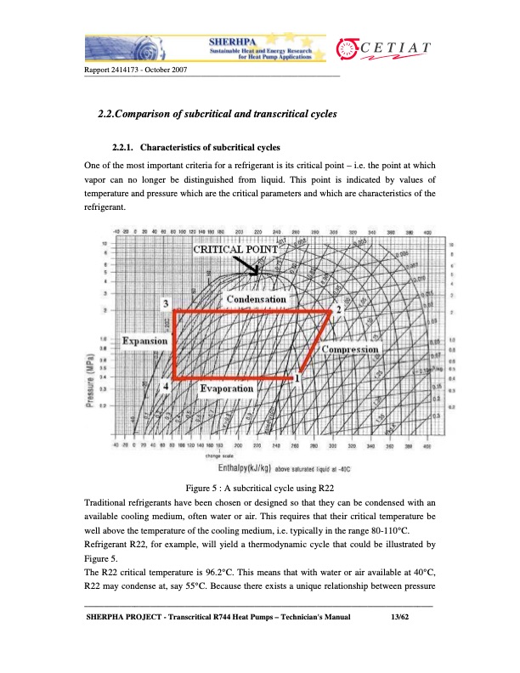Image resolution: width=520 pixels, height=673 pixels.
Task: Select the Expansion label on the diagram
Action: click(x=144, y=341)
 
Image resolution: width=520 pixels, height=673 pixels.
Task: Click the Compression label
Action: click(x=350, y=350)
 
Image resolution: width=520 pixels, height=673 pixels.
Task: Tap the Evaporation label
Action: click(x=226, y=388)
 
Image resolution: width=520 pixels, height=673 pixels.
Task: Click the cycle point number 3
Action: click(x=167, y=304)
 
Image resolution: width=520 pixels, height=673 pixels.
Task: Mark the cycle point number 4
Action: click(x=167, y=385)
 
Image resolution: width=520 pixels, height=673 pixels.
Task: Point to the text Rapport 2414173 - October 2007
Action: click(x=136, y=68)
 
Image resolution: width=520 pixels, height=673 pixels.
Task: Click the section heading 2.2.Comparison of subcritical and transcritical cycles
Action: click(x=218, y=113)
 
